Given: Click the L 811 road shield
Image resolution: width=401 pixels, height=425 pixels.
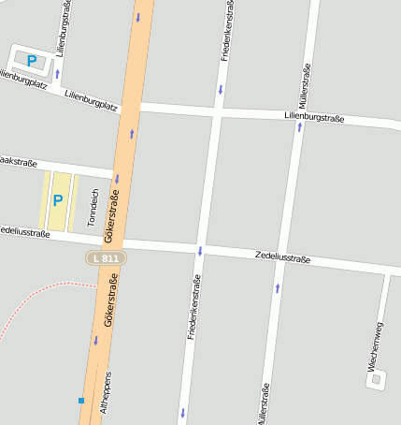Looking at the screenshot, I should pos(105,256).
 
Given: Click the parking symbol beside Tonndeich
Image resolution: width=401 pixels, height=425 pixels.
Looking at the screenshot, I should pos(58,200).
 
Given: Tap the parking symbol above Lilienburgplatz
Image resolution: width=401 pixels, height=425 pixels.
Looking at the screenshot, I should pos(32,61).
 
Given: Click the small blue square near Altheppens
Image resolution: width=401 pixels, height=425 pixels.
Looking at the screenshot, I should pos(81,401).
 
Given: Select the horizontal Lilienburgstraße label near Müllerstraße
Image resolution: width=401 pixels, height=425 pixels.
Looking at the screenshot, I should pos(315,118).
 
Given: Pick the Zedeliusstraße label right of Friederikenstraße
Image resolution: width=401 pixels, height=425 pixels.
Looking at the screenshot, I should pos(282,257).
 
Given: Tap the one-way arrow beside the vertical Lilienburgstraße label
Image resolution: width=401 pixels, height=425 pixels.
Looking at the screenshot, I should pos(57,74).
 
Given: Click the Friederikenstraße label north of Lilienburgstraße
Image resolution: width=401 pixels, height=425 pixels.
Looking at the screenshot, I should pos(225,31).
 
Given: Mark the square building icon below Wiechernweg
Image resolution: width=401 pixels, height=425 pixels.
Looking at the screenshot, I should pos(376,379).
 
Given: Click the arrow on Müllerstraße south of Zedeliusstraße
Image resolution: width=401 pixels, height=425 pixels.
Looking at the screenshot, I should pos(278,287).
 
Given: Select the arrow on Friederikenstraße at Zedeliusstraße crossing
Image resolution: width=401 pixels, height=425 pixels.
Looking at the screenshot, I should pos(199,250).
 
